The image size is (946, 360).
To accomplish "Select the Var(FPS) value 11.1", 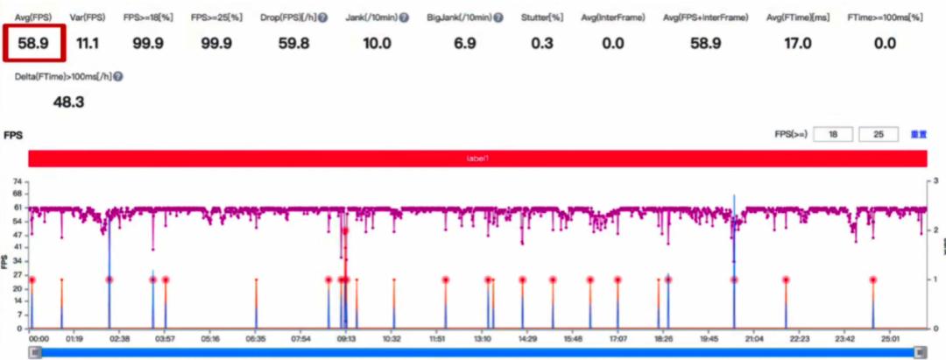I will tap(88, 44).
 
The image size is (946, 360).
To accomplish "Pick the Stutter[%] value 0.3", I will tap(543, 44).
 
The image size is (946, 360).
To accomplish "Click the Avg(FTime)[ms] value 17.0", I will tap(796, 44).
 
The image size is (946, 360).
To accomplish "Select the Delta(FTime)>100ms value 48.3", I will tap(68, 102).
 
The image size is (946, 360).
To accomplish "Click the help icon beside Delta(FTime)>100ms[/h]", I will tap(117, 76).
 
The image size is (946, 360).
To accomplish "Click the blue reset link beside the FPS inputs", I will tap(919, 135).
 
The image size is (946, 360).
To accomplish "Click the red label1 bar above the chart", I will tap(477, 159).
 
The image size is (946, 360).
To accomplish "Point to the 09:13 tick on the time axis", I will tap(347, 338).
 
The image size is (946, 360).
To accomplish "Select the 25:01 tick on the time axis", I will tap(890, 338).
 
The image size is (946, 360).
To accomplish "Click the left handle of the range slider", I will tap(35, 351).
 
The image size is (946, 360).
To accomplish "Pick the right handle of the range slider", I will tap(920, 351).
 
